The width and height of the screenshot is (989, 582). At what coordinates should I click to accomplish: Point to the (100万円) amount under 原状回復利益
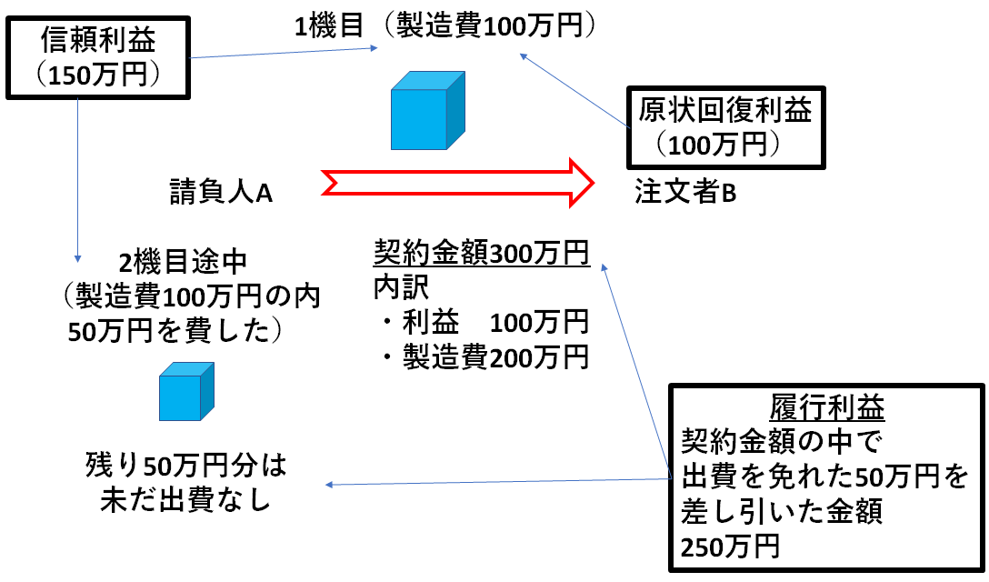[x=719, y=145]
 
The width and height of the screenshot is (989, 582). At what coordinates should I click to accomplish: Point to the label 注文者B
[x=685, y=192]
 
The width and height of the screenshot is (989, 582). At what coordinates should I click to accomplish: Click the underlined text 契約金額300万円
[x=482, y=252]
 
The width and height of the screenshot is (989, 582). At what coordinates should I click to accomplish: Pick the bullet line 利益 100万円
[x=483, y=323]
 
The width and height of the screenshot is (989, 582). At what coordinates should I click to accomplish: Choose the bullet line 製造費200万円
[x=483, y=358]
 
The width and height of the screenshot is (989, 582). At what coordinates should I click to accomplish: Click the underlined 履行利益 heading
[x=826, y=408]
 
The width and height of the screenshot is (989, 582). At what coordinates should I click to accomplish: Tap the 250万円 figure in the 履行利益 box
[x=730, y=546]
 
